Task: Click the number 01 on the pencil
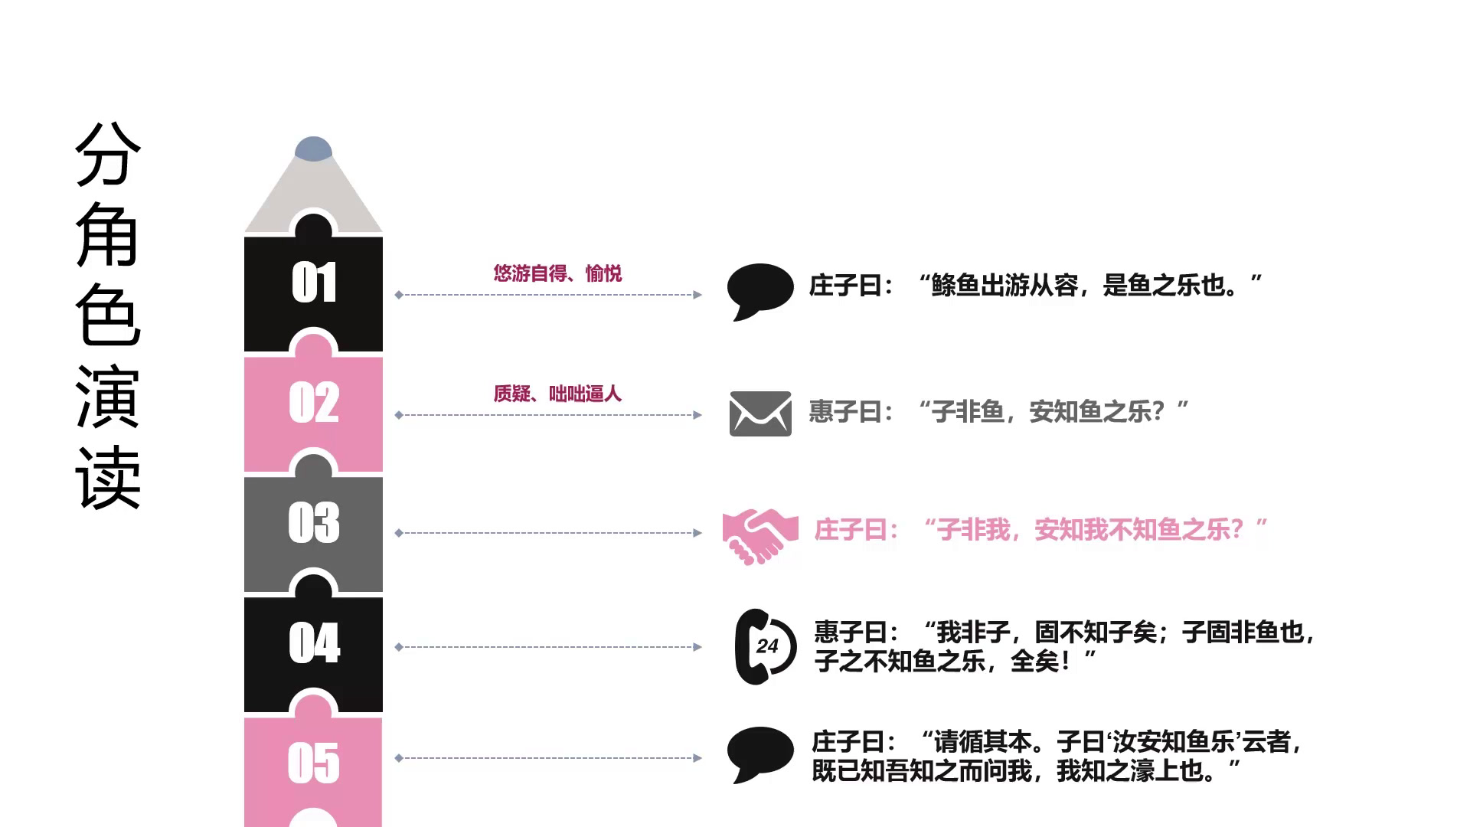tap(314, 283)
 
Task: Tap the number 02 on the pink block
tap(314, 403)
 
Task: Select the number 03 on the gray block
tap(314, 523)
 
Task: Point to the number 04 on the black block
tap(314, 642)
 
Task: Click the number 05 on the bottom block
tap(314, 763)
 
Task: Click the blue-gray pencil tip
tap(313, 149)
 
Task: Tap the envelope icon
tap(760, 413)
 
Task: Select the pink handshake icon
tap(759, 535)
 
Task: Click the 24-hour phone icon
tap(764, 646)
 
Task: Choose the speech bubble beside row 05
tap(759, 753)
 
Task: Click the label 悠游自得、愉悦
tap(557, 273)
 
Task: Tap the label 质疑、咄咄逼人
tap(557, 394)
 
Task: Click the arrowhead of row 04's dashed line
tap(697, 647)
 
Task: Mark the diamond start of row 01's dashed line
tap(399, 295)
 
